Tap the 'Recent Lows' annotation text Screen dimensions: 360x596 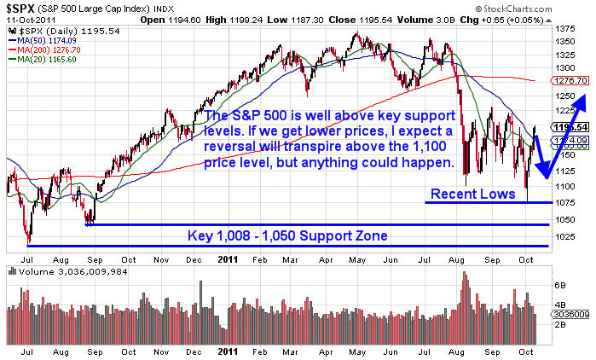point(472,194)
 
